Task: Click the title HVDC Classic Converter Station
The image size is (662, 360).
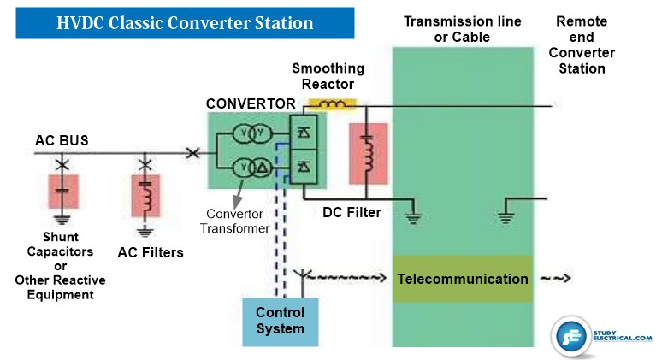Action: pos(184,23)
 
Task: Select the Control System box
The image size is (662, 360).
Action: pos(280,321)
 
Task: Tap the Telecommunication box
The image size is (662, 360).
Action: pos(462,279)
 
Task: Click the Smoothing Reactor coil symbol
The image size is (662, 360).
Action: pos(332,105)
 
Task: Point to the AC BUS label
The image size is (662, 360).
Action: pos(62,139)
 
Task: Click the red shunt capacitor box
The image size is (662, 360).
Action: pos(62,192)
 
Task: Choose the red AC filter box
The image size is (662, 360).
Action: pos(145,196)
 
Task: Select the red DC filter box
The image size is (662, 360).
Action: pos(368,154)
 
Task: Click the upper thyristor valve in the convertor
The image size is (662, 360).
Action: pos(304,134)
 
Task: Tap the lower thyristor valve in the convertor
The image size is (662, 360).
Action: pos(304,165)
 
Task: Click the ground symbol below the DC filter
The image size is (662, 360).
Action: pos(414,218)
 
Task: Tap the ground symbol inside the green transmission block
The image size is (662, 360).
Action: pos(505,218)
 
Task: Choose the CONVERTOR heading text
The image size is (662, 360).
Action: pos(251,103)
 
